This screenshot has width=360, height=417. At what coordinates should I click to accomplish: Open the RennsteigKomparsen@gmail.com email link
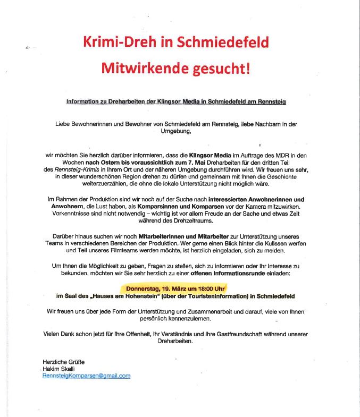pos(87,376)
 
